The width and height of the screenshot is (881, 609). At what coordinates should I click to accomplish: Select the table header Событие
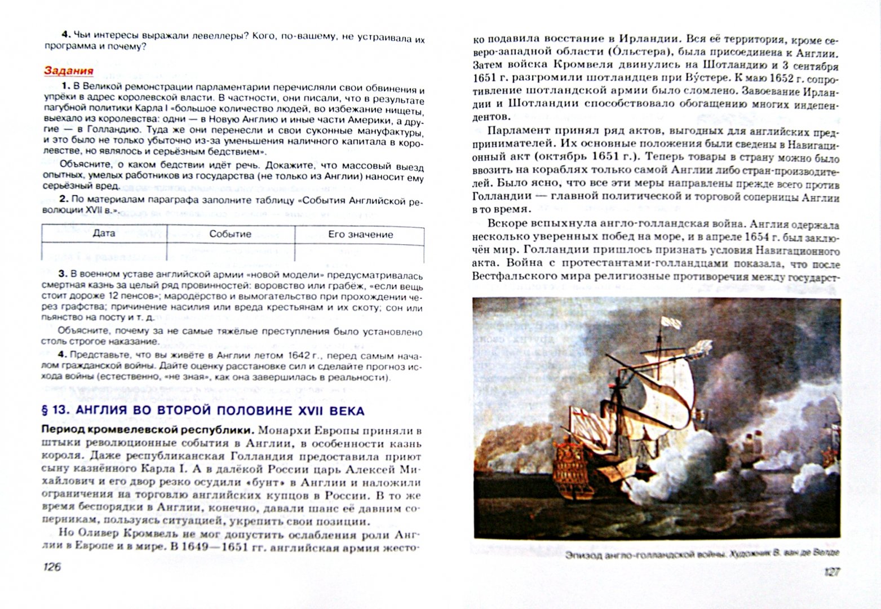coord(230,234)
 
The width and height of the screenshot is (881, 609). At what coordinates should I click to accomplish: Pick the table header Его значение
coord(360,234)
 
